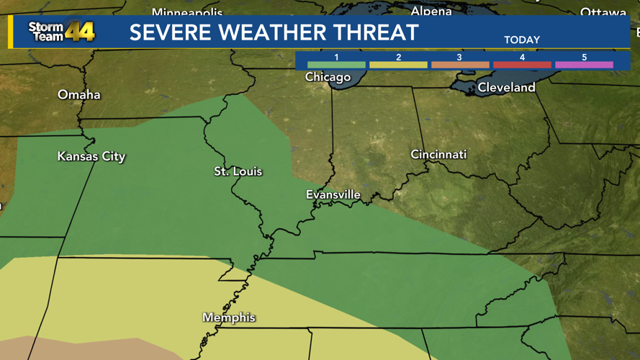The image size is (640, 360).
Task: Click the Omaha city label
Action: [x=79, y=95]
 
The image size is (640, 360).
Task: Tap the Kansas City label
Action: [x=91, y=156]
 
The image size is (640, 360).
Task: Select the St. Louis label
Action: [x=238, y=171]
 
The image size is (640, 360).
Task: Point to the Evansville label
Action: [x=333, y=195]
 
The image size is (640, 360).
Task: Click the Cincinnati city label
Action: [x=438, y=155]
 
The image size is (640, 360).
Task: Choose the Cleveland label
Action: [x=507, y=88]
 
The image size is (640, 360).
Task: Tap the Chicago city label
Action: [x=328, y=77]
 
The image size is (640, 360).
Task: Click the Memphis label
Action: [x=229, y=318]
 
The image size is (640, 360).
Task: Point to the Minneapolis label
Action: [x=187, y=13]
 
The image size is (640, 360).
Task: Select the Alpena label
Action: [x=431, y=11]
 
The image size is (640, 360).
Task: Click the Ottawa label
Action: [x=603, y=12]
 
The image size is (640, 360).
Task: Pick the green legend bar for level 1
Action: [x=336, y=65]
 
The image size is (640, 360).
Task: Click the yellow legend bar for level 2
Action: [x=398, y=65]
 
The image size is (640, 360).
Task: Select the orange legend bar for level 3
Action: [x=460, y=65]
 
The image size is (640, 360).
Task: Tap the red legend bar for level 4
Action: [x=522, y=65]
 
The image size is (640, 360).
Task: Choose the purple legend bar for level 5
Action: [x=584, y=65]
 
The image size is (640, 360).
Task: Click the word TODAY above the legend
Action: [x=522, y=40]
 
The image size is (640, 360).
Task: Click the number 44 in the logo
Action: [x=79, y=32]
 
